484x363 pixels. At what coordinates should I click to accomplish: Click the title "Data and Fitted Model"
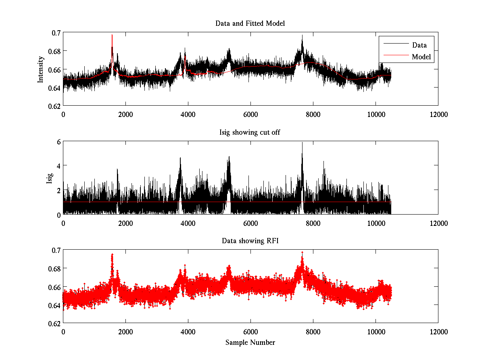(250, 23)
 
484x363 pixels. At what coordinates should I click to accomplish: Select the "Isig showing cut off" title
(250, 132)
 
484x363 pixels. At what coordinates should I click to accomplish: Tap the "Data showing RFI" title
(250, 241)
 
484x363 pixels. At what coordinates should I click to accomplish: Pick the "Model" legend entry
(421, 57)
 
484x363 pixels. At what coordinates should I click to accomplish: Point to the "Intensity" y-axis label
(40, 69)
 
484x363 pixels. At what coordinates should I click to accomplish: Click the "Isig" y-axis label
(50, 178)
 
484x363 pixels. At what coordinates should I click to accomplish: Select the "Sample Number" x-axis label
(250, 342)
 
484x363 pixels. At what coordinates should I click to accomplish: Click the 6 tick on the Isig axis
(58, 142)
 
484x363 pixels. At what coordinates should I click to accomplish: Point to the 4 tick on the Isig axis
(58, 166)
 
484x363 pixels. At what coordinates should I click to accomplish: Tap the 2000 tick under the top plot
(125, 114)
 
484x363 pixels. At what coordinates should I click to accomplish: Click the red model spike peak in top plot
(112, 35)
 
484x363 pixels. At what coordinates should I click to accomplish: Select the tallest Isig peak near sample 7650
(302, 143)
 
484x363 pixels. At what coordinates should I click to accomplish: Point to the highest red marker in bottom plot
(302, 252)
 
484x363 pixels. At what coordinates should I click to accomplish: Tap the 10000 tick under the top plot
(376, 114)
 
